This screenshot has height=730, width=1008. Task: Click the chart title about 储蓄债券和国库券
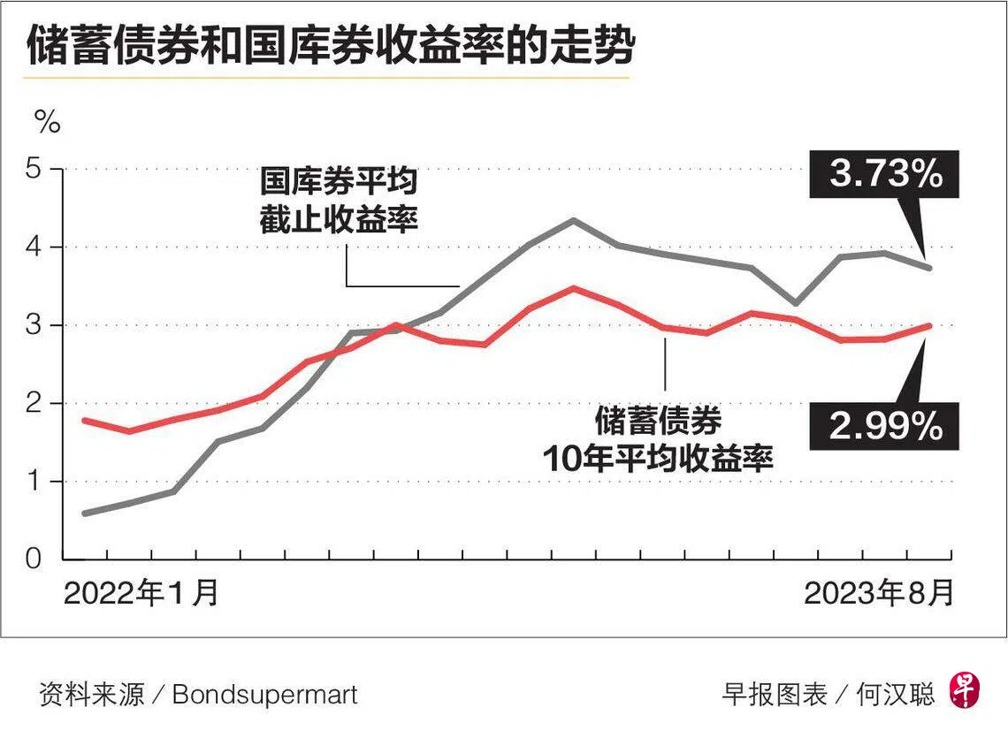pos(331,45)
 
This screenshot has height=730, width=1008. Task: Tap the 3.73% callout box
pos(884,174)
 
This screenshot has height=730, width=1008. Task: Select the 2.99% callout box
pos(884,425)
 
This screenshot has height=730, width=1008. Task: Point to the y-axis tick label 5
pos(34,169)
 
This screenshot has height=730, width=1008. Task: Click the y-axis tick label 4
pos(34,247)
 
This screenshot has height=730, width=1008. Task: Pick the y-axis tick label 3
pos(34,325)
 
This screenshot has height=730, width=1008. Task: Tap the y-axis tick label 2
pos(34,403)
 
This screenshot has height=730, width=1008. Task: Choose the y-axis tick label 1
pos(34,482)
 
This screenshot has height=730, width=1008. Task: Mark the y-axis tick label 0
pos(34,559)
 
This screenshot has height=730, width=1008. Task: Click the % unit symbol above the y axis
pos(48,121)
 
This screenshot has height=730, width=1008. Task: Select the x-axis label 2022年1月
pos(141,592)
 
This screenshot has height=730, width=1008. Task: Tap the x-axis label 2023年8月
pos(878,592)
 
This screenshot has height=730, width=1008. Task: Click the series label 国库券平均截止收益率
pos(339,201)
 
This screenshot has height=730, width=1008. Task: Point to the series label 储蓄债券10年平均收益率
pos(658,440)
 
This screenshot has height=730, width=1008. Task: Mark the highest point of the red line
pos(574,288)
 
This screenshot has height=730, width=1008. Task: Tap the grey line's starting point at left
pos(86,513)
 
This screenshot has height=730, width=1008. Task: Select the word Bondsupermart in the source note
pos(265,695)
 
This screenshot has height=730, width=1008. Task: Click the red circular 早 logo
pos(966,691)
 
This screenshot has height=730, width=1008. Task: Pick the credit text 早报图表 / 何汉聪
pos(828,694)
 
